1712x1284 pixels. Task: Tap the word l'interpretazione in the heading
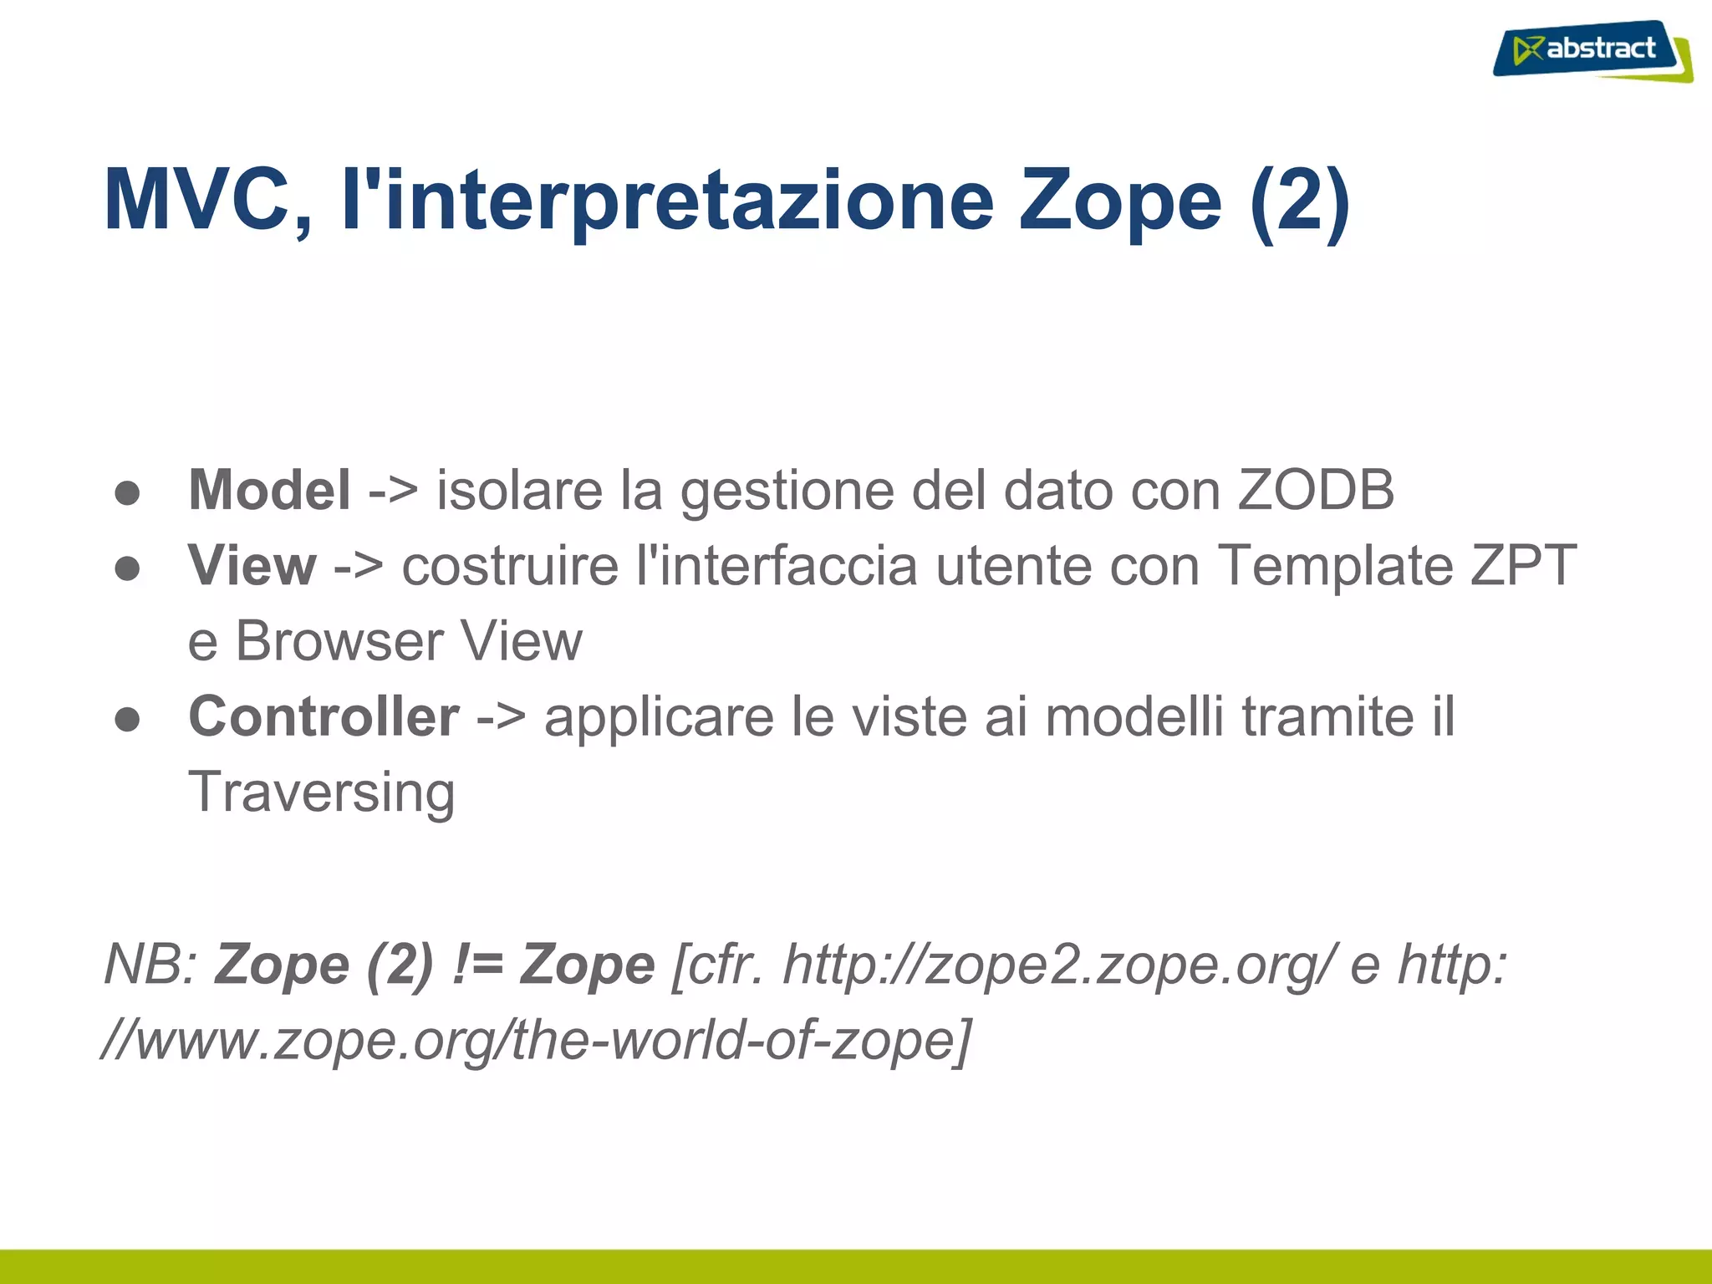(x=668, y=201)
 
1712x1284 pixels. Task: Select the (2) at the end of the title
(x=1300, y=201)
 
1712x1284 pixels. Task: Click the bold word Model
(x=269, y=490)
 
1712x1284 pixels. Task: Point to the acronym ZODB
(x=1316, y=490)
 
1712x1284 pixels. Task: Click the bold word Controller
(x=324, y=717)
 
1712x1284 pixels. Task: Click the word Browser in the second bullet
(x=339, y=642)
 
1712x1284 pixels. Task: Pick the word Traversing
(x=322, y=792)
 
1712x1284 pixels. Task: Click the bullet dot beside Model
(x=127, y=493)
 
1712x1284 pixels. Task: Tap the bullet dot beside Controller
(x=127, y=720)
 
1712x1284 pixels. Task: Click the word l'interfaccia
(x=777, y=566)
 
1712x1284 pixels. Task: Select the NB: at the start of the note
(x=150, y=965)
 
